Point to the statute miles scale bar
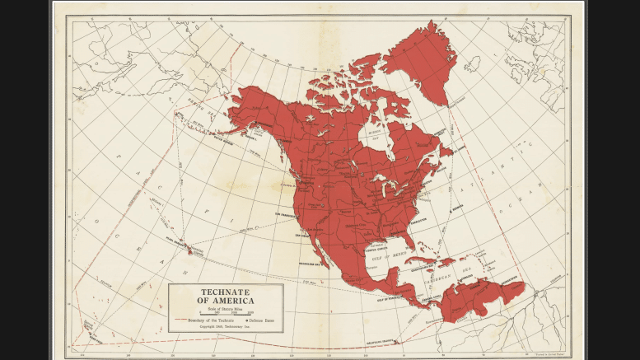click(225, 313)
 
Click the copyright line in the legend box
click(225, 326)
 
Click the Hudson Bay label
click(374, 131)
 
